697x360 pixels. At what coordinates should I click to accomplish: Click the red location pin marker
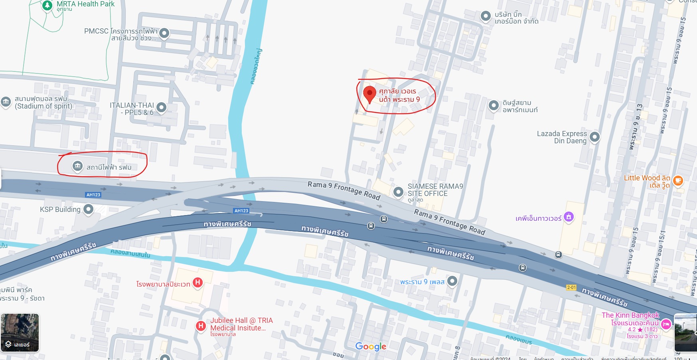tap(369, 94)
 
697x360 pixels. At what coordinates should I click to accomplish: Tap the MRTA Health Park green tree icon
tap(47, 5)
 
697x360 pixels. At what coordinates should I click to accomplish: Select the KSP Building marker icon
tap(88, 209)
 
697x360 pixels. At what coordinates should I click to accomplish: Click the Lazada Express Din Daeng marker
tap(594, 137)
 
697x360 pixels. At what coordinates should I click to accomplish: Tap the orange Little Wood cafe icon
tap(678, 180)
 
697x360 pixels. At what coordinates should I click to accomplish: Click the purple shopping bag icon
tap(569, 217)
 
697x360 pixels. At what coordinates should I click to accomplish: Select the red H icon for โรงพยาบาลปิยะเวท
tap(197, 283)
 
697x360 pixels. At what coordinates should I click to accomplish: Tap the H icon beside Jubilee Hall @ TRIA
tap(201, 326)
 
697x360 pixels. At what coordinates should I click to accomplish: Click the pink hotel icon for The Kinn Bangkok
tap(666, 324)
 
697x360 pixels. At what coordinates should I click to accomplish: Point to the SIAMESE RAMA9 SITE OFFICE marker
tap(398, 192)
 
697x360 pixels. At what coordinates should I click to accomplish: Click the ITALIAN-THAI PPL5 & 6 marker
tap(161, 107)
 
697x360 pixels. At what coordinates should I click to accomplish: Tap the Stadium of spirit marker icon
tap(6, 101)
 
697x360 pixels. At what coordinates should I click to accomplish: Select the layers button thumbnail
tap(20, 332)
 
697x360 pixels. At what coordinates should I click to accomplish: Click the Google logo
tap(371, 346)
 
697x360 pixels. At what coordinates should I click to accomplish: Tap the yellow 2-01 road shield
tap(571, 287)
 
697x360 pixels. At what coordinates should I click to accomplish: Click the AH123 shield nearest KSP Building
tap(93, 195)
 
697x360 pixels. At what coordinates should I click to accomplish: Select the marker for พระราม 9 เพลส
tap(452, 281)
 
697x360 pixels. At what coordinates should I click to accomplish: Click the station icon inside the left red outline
tap(77, 166)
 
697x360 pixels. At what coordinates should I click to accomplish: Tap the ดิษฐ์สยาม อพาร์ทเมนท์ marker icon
tap(494, 105)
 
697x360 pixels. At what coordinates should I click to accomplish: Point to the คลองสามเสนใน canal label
tap(130, 253)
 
